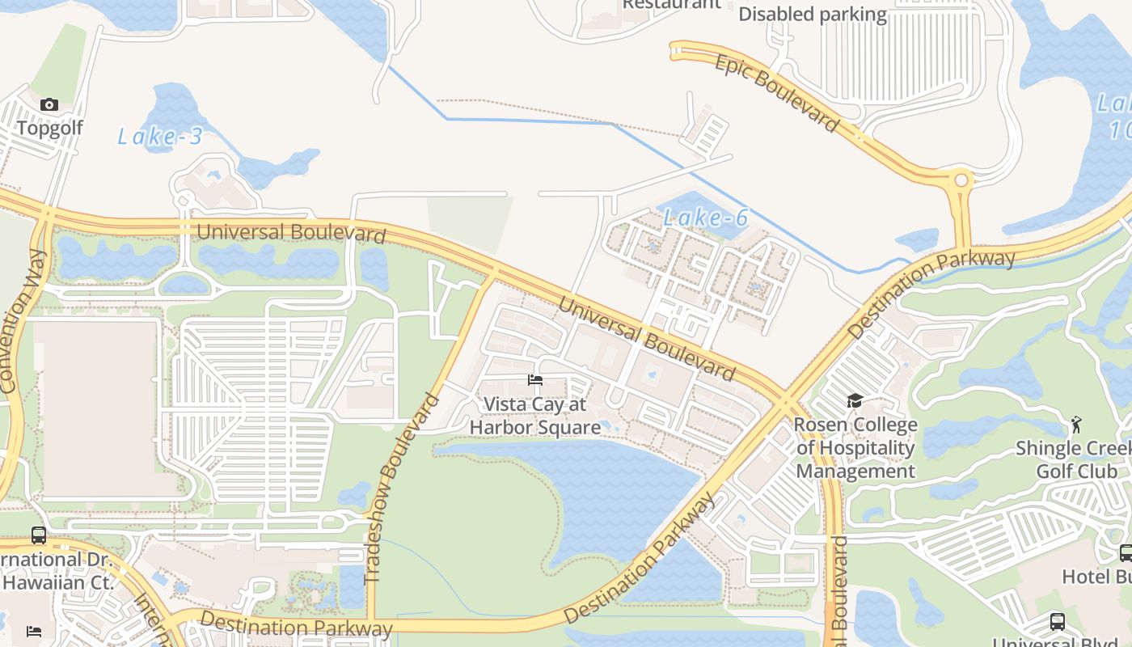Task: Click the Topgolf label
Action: (x=49, y=128)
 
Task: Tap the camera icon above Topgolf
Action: (x=49, y=105)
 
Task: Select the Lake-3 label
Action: (x=160, y=137)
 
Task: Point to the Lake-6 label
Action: (x=705, y=217)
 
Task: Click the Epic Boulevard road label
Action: (x=776, y=92)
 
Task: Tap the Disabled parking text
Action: (x=813, y=15)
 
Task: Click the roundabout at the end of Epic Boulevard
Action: (x=961, y=180)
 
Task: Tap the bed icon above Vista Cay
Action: (x=534, y=380)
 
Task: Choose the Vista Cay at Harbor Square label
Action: (x=534, y=416)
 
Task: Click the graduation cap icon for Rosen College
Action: (x=855, y=401)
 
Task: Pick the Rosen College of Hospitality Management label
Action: (x=855, y=448)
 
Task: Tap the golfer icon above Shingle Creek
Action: (x=1076, y=425)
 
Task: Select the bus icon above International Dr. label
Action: (x=39, y=535)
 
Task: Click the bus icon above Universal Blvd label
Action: (x=1057, y=622)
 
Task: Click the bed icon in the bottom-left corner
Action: (x=34, y=631)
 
